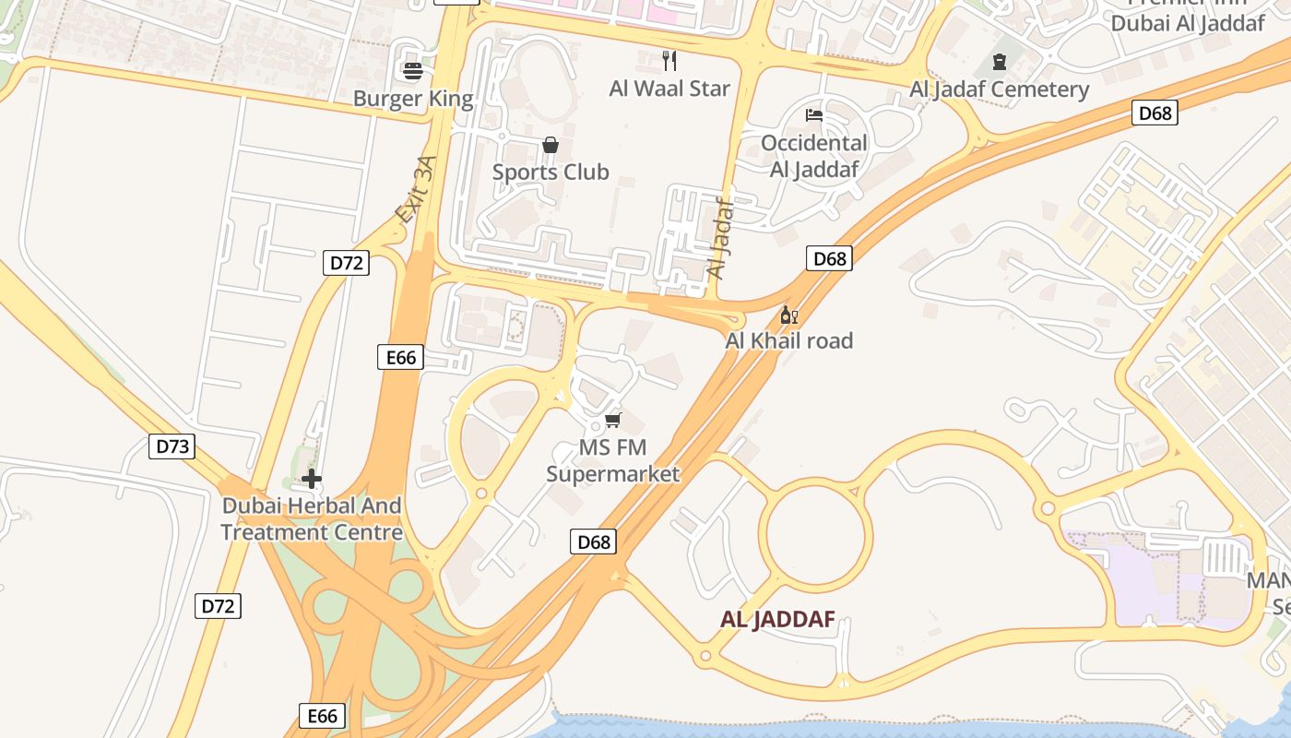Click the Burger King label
(413, 99)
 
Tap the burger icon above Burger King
(413, 70)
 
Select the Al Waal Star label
(669, 89)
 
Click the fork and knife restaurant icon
(669, 61)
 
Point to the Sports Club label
(551, 172)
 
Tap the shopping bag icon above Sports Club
(551, 145)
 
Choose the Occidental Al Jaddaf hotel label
(814, 156)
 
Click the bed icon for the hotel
(814, 115)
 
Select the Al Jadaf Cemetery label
(1000, 89)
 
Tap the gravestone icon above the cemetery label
(1000, 62)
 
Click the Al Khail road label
(789, 340)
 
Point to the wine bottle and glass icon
(789, 315)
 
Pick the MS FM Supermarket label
(613, 461)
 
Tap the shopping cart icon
(613, 421)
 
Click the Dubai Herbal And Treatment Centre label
(312, 519)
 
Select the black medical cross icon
(312, 479)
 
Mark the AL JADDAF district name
(777, 620)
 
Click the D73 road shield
(172, 447)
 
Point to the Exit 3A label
(415, 190)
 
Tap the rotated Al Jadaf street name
(719, 240)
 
